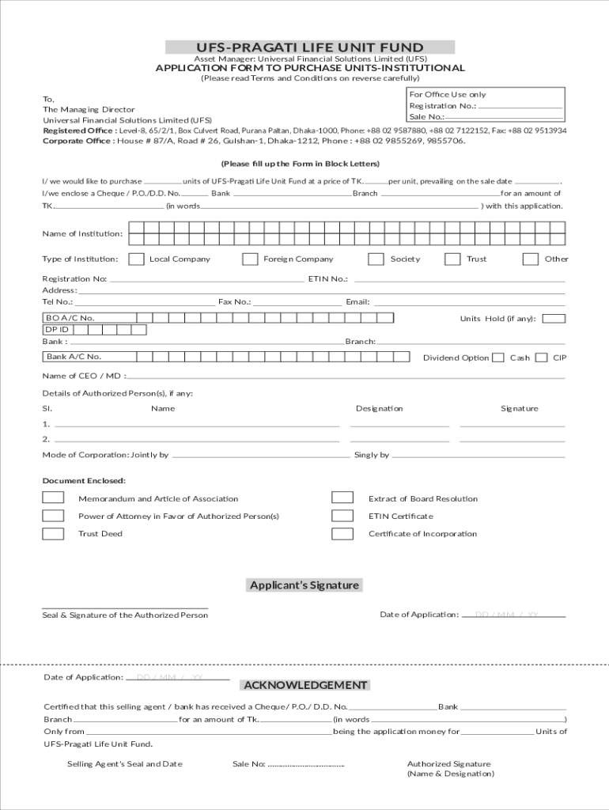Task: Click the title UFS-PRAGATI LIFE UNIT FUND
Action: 310,47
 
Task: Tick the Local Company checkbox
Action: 137,259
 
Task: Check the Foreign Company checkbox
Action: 250,259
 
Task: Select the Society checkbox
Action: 376,259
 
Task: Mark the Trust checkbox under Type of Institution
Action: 452,259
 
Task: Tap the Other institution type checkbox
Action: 531,259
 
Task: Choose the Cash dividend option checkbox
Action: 498,358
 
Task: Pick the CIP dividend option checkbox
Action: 542,358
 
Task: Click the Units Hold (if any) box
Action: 554,319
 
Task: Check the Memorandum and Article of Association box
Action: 53,498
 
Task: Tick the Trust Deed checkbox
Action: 53,533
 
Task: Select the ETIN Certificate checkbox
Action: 342,516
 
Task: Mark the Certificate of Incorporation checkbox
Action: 342,533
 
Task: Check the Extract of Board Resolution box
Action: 342,498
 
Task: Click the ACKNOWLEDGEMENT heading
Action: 305,685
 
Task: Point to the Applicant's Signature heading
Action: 304,585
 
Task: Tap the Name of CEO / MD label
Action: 83,376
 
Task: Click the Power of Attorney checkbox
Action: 53,516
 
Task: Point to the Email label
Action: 357,302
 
